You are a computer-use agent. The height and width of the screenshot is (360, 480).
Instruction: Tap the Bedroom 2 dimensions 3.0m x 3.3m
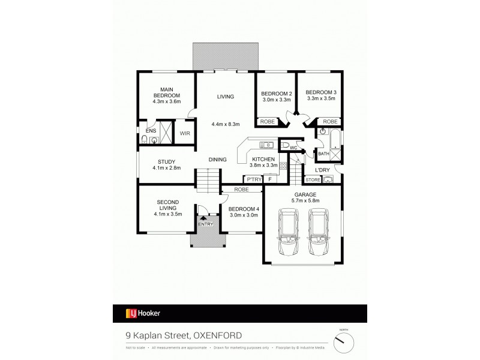pos(277,100)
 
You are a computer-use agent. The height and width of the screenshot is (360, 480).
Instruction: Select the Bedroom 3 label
pos(322,92)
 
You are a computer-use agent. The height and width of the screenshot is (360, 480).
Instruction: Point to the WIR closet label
pos(185,133)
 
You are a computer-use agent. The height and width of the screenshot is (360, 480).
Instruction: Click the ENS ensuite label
pos(151,130)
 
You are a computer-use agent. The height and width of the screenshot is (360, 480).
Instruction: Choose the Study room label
pos(166,161)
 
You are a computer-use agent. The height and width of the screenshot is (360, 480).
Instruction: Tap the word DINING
pos(217,160)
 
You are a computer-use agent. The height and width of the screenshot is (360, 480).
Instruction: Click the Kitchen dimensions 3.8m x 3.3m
pos(263,165)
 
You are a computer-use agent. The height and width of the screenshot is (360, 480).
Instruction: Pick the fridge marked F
pos(271,179)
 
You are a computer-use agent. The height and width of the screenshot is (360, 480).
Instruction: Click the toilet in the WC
pos(284,146)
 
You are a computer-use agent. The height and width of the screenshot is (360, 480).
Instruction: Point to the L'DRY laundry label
pos(323,170)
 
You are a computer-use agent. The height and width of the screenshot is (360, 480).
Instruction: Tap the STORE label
pos(313,179)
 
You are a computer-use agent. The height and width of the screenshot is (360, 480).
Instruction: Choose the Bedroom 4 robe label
pos(242,190)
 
